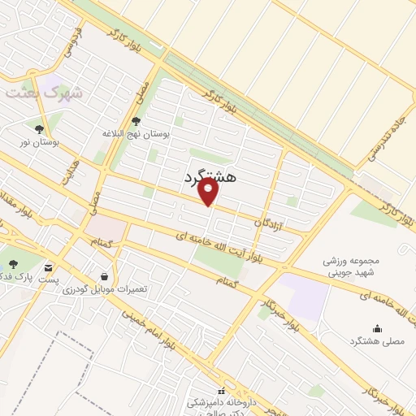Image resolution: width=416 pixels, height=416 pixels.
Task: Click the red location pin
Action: point(210,193)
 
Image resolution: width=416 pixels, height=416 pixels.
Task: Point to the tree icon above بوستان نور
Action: point(38,128)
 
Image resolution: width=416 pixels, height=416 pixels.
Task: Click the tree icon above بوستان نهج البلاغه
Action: point(135,120)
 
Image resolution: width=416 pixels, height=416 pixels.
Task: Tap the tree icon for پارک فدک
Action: point(14,263)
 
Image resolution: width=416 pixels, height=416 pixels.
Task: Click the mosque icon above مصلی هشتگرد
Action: point(377,329)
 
